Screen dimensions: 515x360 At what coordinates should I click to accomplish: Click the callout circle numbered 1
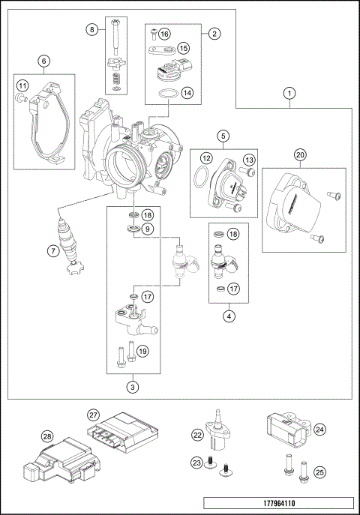click(x=289, y=94)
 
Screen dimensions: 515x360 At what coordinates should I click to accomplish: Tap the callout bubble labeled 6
click(x=43, y=61)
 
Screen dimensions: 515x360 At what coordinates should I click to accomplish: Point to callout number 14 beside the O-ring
click(x=187, y=93)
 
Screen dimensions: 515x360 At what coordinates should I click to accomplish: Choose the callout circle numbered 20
click(x=300, y=155)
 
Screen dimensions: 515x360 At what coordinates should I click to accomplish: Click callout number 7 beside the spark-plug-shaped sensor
click(x=52, y=252)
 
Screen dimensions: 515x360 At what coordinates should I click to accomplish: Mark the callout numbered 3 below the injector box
click(x=132, y=387)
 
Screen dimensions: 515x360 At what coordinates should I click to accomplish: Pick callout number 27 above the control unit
click(x=94, y=414)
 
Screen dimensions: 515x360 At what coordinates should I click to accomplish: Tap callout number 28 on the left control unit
click(x=47, y=437)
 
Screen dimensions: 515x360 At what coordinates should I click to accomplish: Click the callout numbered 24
click(x=319, y=430)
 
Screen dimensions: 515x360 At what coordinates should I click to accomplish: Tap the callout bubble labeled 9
click(x=148, y=228)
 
